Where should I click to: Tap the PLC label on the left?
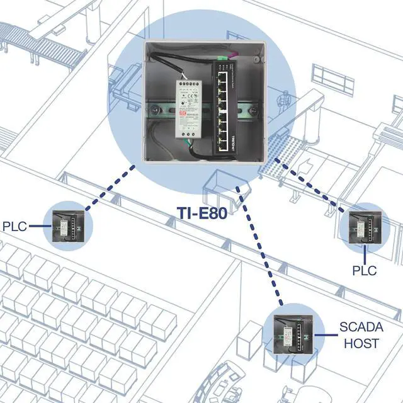pyautogui.click(x=15, y=225)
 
